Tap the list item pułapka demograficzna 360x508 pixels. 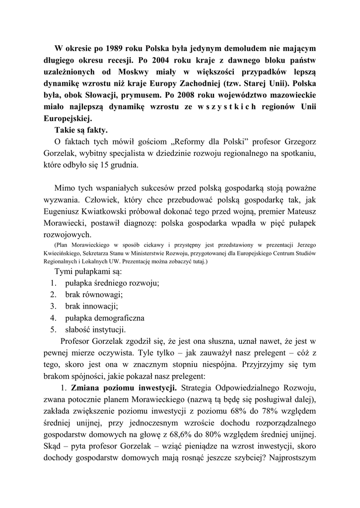pyautogui.click(x=104, y=317)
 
